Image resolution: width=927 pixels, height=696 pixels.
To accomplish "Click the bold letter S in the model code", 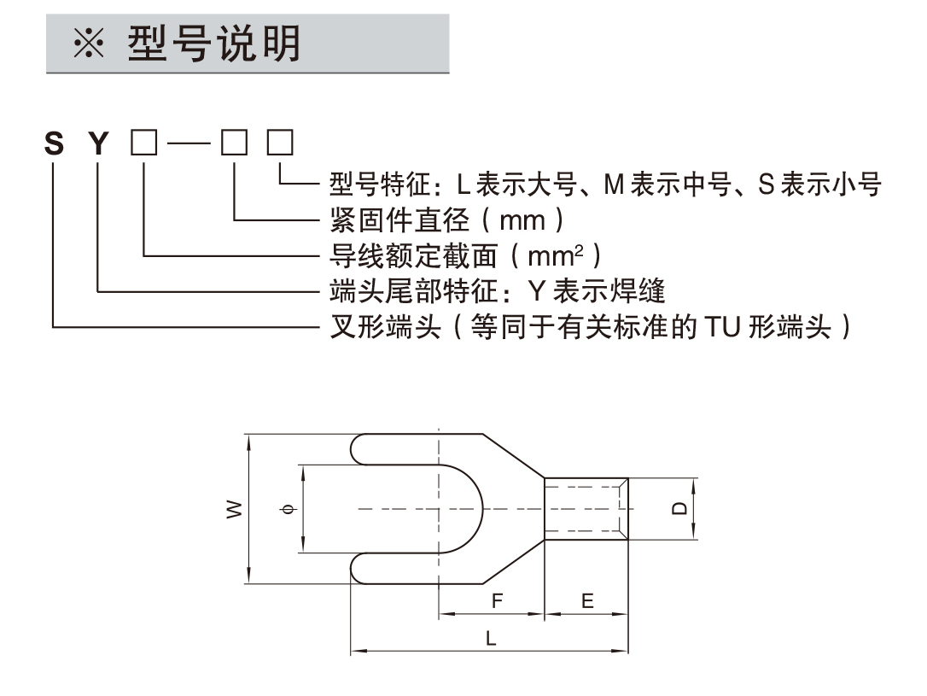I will click(54, 143).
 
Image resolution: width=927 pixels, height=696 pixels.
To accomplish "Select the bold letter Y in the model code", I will click(100, 143).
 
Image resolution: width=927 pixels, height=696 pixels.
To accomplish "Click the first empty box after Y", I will click(144, 143).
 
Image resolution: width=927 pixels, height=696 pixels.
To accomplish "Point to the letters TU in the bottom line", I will click(721, 326).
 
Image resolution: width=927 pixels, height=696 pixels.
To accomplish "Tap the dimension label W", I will click(233, 510).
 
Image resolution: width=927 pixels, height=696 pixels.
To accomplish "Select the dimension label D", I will click(679, 509).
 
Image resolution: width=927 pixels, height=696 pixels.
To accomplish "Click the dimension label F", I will click(497, 600).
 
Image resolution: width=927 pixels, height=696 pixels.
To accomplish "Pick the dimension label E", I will click(587, 600).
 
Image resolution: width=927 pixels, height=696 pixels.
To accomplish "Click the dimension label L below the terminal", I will click(490, 637).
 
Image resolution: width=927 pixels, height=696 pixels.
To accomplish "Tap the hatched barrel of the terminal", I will click(586, 509).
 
